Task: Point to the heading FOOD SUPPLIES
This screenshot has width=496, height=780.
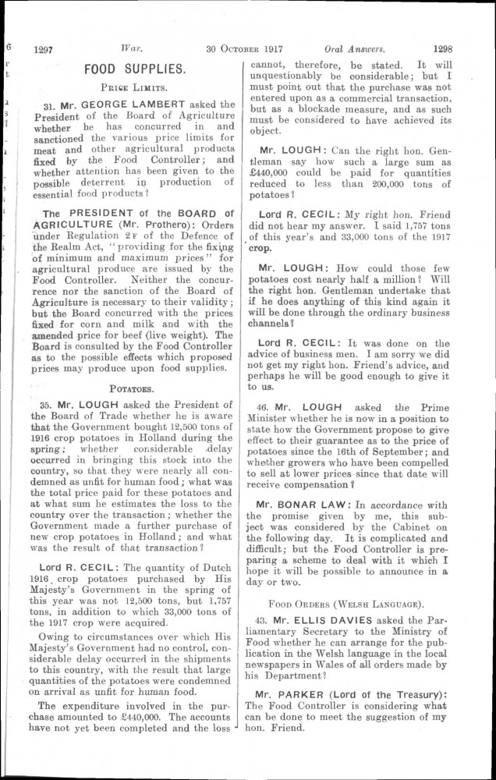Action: coord(135,69)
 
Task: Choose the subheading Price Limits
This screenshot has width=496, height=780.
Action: coord(135,88)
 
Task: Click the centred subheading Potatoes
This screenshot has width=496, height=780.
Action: coord(135,386)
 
